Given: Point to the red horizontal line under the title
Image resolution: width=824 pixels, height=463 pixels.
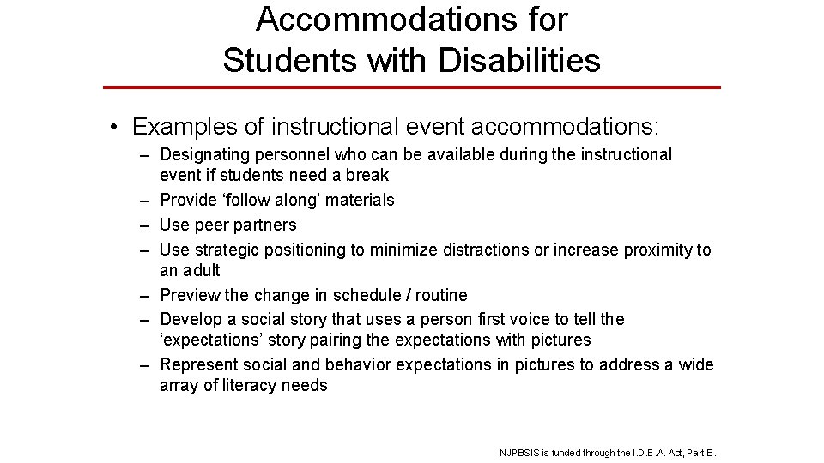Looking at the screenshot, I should [x=412, y=87].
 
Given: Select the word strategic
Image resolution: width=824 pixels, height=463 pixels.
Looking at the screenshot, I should [x=227, y=250].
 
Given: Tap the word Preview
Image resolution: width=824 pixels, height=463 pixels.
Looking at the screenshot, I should [x=190, y=296].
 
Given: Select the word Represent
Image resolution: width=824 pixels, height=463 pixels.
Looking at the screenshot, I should [x=198, y=365].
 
